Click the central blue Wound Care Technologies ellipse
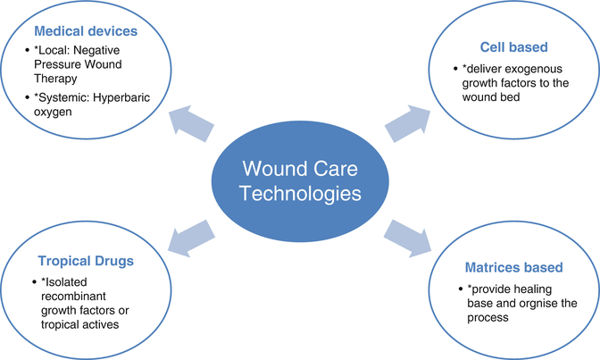tap(300, 180)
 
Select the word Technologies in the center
tap(301, 195)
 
